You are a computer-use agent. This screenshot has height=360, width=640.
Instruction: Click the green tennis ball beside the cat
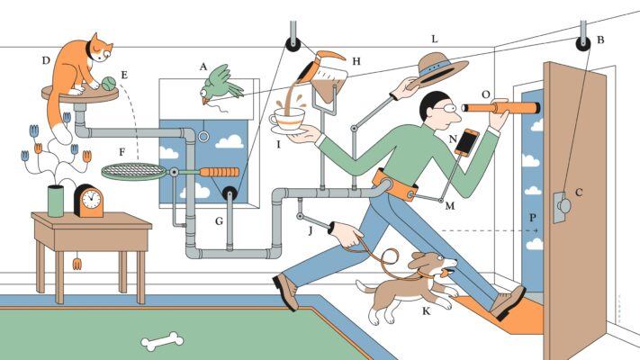coord(109,84)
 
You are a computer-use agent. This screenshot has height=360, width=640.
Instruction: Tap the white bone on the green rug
coord(162,341)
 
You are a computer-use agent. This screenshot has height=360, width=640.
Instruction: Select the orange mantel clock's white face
coord(91,199)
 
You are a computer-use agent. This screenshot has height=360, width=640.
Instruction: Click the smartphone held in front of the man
coord(467,141)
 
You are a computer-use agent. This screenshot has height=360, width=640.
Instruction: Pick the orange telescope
coord(500,108)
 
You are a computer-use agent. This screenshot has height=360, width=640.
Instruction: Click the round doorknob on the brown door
coord(565,206)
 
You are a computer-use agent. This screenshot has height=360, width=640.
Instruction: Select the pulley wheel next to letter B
coord(583,43)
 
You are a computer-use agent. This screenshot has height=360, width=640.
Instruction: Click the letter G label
coord(219,221)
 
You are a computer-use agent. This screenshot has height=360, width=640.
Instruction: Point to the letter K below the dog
coord(426,311)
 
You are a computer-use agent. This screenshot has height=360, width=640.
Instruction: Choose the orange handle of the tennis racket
coord(220,172)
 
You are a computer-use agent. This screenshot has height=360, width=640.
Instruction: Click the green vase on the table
coord(56,201)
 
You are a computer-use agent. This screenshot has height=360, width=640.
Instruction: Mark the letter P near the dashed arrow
coord(533,218)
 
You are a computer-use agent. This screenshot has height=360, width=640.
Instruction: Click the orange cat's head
coord(99,48)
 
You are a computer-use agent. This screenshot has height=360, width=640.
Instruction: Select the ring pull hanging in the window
coord(203,136)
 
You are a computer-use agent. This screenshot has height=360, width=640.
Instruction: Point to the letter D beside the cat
coord(46,61)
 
